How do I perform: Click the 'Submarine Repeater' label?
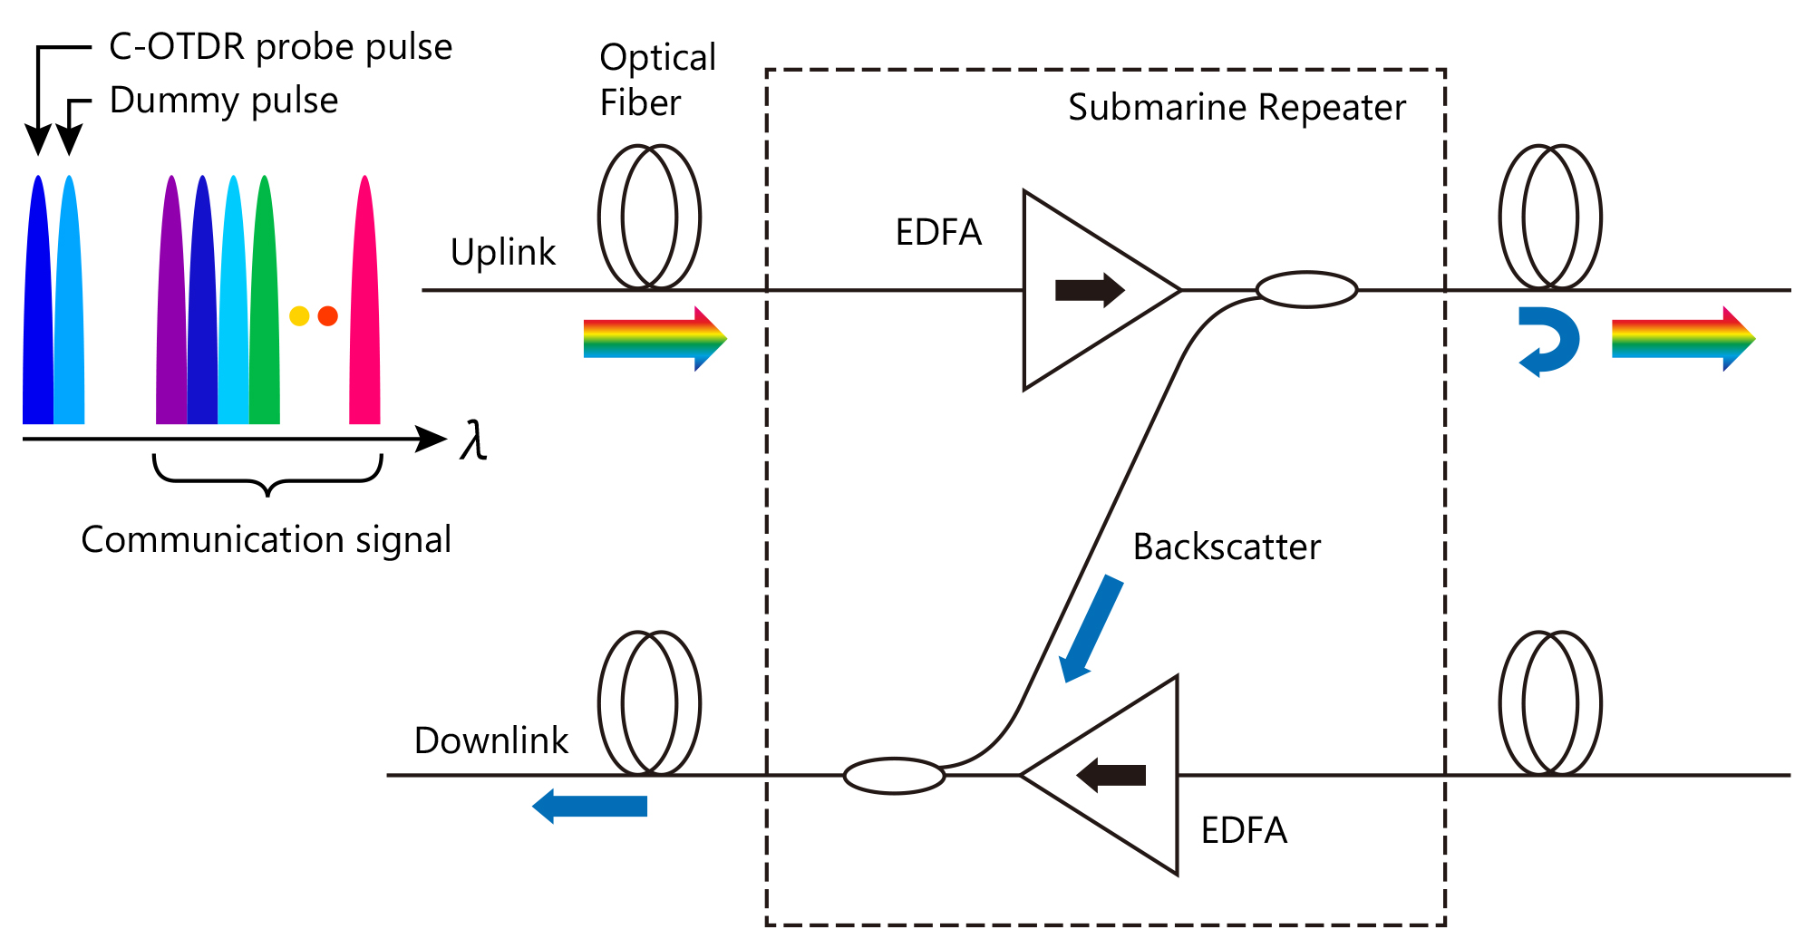1236,108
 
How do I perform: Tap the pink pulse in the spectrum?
364,308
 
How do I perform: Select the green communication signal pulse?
265,308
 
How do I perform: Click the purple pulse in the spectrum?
170,308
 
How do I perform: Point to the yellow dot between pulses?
299,316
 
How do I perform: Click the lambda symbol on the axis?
473,441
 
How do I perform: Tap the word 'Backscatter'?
1226,547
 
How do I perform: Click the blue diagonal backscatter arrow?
1091,629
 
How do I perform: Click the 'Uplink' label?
502,252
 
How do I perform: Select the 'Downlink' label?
490,740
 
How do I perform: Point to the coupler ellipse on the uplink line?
1306,290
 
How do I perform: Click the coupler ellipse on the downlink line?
894,776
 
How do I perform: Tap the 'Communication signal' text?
266,540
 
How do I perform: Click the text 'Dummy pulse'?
223,101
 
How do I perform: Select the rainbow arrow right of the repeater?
1683,339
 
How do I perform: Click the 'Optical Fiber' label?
657,80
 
